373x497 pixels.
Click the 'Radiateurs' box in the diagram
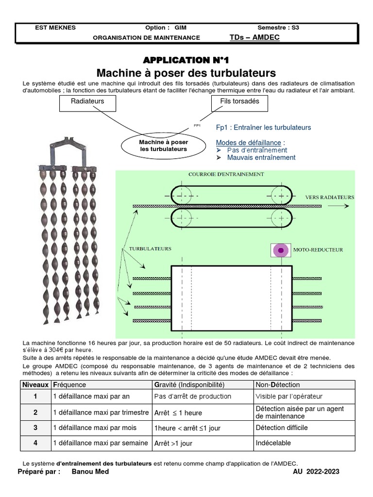(x=87, y=102)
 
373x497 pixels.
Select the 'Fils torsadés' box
(x=239, y=102)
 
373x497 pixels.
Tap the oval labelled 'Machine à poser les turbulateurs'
(x=163, y=146)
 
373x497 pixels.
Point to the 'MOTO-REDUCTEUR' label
(x=318, y=250)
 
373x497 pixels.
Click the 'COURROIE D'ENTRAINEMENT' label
(x=226, y=174)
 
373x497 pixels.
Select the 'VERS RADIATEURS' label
(x=329, y=198)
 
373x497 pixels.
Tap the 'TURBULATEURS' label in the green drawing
(x=150, y=248)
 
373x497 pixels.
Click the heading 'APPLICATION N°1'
(x=186, y=60)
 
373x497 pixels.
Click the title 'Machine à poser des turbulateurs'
(x=186, y=73)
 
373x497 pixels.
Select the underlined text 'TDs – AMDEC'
(x=254, y=37)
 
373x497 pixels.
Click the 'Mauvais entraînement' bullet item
(x=261, y=157)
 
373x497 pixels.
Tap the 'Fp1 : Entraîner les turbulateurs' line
(x=263, y=128)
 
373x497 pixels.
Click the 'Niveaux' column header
(x=35, y=384)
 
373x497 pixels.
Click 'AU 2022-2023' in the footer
(x=316, y=472)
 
